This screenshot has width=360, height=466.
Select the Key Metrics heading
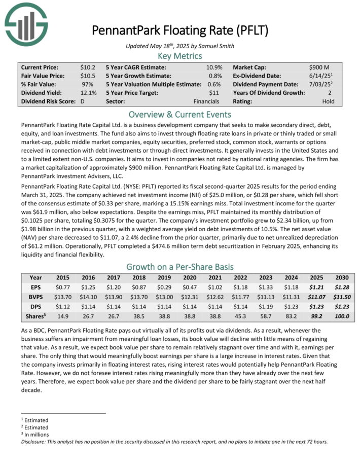180,56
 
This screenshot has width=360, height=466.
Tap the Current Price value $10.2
88,67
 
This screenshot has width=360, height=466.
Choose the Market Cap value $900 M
318,67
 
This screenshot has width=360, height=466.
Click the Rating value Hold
329,101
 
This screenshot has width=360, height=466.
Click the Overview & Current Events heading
180,115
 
